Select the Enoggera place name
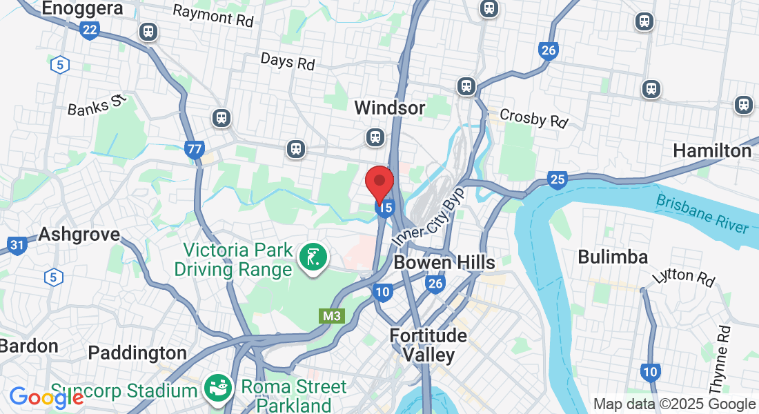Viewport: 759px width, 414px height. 82,9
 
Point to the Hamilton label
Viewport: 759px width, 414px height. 712,150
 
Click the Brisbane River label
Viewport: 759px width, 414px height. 702,213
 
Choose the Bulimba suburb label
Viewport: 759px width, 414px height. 613,257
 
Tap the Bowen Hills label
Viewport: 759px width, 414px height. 444,262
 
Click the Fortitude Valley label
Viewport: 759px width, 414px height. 428,345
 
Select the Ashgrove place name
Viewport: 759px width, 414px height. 79,234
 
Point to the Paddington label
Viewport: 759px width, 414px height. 137,353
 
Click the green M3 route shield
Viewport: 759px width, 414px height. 332,316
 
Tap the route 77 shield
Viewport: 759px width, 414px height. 195,148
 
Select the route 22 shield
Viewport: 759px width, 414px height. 89,30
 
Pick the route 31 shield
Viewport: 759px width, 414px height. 17,244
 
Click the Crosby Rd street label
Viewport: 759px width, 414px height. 533,118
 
